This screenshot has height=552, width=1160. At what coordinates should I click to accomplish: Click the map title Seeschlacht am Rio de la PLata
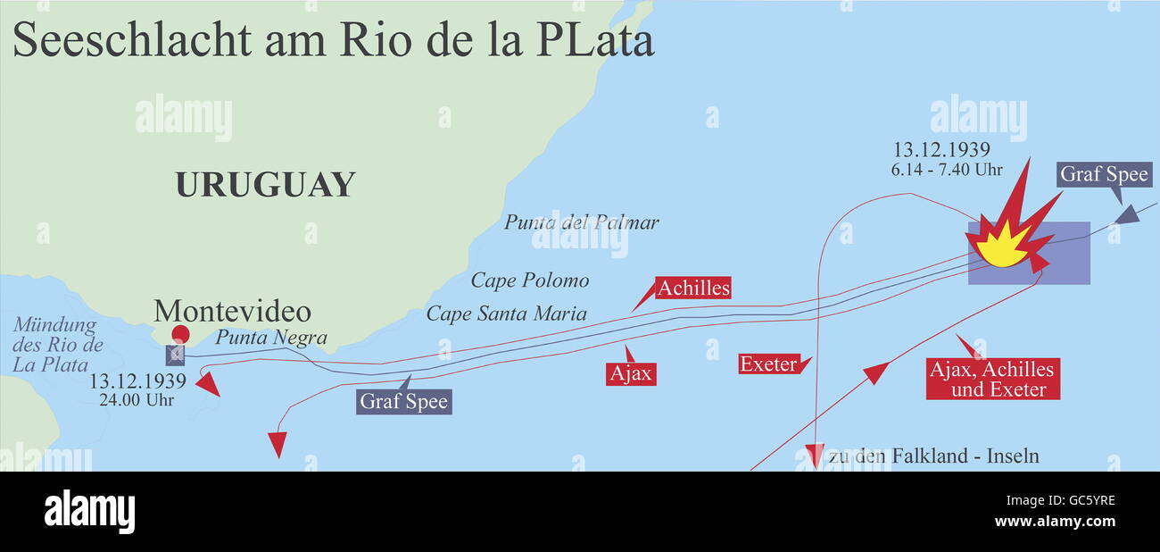point(333,42)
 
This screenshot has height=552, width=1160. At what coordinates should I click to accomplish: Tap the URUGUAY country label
point(265,185)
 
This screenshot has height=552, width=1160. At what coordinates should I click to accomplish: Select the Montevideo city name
point(232,312)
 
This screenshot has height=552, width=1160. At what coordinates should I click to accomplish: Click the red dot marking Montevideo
point(181,335)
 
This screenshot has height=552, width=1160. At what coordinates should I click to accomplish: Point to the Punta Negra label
point(271,339)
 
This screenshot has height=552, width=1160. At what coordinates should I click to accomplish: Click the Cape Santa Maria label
point(506,314)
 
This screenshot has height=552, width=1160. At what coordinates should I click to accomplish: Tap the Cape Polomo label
point(530,280)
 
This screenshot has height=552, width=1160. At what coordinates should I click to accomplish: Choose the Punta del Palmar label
point(581,222)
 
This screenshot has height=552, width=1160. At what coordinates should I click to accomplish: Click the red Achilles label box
point(693,288)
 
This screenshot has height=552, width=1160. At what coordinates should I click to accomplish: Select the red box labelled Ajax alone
point(631,373)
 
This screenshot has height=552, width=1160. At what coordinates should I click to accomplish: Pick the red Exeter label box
point(768,364)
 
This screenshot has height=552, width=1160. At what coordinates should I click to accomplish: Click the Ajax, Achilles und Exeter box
point(992,380)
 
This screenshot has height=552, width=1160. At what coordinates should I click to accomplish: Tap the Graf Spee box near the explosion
point(1104,174)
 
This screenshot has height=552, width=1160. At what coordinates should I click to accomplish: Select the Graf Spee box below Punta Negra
point(404,402)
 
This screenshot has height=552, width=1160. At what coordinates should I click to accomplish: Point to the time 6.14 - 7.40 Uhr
point(948,170)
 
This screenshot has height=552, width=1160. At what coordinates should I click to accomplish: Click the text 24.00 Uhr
point(137,400)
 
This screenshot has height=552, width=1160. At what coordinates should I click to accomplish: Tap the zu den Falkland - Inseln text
point(933,456)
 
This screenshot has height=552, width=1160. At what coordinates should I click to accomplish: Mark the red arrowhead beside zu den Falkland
point(813,454)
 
